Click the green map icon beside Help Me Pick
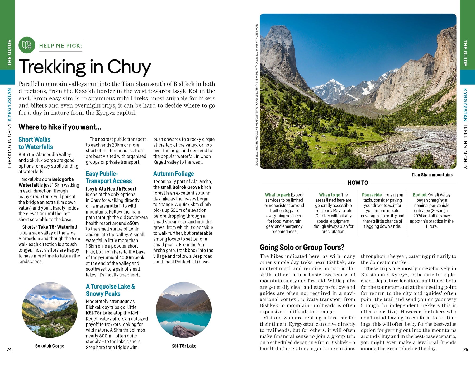coord(27,45)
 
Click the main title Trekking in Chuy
coord(85,67)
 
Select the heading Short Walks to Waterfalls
coord(36,143)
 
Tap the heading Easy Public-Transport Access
coord(109,177)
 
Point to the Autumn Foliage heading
coord(174,174)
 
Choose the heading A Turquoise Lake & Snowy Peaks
coord(111,290)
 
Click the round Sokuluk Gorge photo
coord(50,310)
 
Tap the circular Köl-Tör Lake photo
coord(184,310)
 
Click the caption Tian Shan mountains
coord(432,175)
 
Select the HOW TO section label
coord(358,183)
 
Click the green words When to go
coord(329,195)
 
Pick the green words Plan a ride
coord(372,195)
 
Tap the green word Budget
coord(420,195)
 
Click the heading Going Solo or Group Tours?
coord(302,247)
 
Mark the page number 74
coord(9,349)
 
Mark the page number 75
coord(465,349)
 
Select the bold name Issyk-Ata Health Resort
coord(111,189)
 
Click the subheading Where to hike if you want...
coord(60,127)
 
